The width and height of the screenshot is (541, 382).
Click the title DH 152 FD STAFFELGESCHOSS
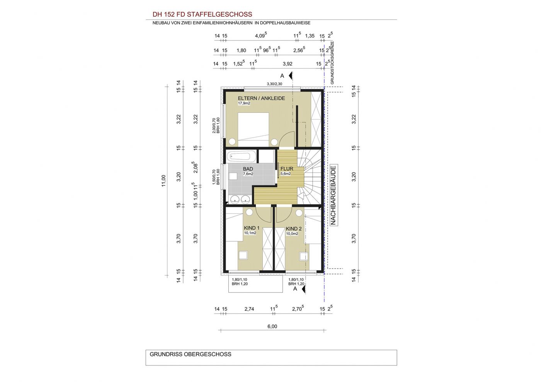click(x=202, y=15)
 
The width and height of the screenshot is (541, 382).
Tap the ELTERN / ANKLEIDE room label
click(x=261, y=98)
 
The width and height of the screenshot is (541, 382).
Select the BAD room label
click(x=248, y=169)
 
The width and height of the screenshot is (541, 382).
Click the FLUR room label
click(x=287, y=169)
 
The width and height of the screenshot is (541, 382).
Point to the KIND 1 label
click(x=252, y=228)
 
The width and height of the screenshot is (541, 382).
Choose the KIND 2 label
click(x=294, y=229)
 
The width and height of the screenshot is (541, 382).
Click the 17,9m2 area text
click(x=244, y=104)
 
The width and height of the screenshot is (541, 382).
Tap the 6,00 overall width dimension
click(x=272, y=326)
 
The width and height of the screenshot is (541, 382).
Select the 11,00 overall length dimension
click(x=164, y=181)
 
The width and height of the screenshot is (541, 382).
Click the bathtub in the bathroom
click(x=242, y=156)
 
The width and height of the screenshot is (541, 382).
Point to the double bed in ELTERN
click(x=253, y=129)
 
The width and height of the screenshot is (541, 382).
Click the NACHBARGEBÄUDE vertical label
click(x=333, y=195)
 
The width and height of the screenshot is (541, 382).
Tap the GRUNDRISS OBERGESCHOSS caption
click(x=191, y=354)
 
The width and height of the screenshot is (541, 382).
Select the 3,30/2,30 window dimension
click(x=274, y=84)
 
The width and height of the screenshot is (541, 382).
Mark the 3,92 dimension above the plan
click(x=288, y=64)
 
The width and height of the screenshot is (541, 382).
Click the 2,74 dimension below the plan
click(x=249, y=309)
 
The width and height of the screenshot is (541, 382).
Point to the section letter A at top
click(x=282, y=76)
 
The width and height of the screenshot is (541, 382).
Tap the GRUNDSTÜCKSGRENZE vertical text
click(x=332, y=63)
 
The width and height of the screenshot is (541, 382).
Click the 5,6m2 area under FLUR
click(x=286, y=173)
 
